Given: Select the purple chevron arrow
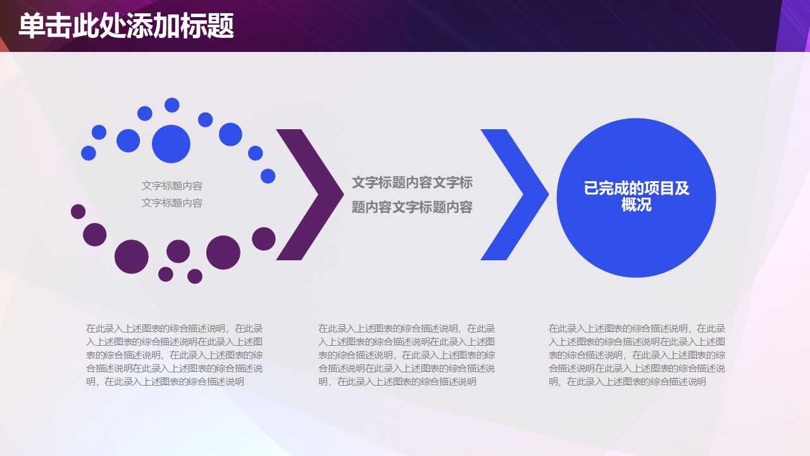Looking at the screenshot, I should (310, 194).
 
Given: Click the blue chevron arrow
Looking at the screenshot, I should (514, 194).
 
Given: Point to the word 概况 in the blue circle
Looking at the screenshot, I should (636, 206).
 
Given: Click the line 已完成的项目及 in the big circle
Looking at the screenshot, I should (636, 189).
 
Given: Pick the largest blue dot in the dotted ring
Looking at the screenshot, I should (171, 144).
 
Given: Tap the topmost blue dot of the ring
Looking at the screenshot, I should (172, 105).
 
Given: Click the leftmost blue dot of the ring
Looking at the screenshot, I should (89, 153).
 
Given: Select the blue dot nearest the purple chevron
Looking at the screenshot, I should (268, 176).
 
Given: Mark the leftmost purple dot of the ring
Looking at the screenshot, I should (78, 212).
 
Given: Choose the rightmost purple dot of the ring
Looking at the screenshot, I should (264, 239).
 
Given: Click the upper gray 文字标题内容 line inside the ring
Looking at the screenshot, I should (172, 186).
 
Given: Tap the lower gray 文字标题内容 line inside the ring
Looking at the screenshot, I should (172, 203).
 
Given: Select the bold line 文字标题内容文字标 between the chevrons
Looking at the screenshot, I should (412, 183).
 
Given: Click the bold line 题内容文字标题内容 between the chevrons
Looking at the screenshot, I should (412, 207).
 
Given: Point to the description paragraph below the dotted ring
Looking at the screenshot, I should (174, 355).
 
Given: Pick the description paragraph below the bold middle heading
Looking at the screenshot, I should (406, 355).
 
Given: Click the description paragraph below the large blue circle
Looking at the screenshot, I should (637, 355).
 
